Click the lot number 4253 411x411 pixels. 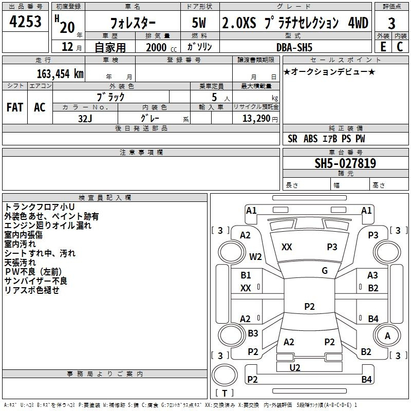pos(25,21)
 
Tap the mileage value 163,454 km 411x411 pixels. pos(60,74)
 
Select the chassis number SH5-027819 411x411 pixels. pos(345,163)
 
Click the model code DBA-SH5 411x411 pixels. pos(294,47)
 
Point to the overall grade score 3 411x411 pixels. pos(391,24)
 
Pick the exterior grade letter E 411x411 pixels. pos(383,47)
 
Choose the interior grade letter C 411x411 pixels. pos(400,47)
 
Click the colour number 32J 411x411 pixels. pos(85,119)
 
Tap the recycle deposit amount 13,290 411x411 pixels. pos(256,119)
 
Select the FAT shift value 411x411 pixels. pos(15,107)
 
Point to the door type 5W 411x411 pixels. pos(199,23)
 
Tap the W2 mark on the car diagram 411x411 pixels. pos(255,256)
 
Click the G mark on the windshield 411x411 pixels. pos(325,271)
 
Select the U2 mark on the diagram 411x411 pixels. pos(295,368)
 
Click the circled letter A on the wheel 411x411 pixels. pos(387,336)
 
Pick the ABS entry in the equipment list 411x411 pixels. pos(310,139)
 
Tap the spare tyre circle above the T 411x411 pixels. pos(225,375)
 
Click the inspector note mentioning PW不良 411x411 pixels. pos(33,272)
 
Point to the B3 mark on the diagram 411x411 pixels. pos(253,333)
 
